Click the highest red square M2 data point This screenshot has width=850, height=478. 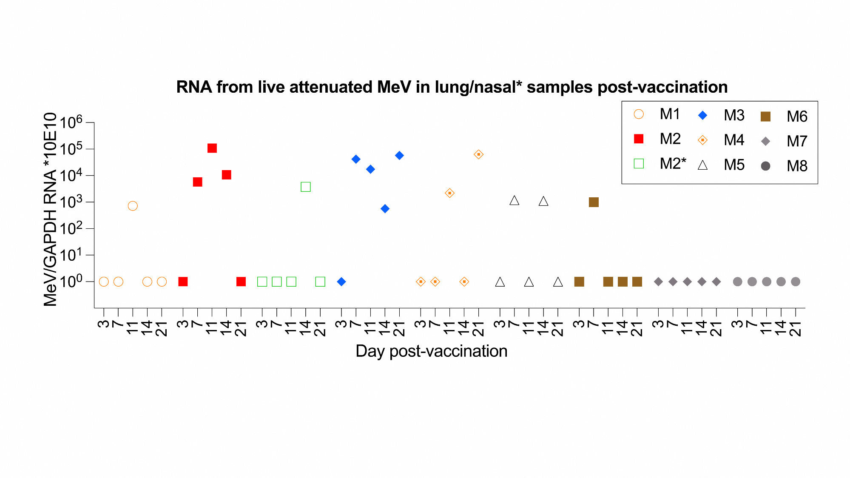click(x=212, y=148)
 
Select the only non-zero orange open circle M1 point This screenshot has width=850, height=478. click(x=133, y=206)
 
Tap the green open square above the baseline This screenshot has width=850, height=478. click(x=305, y=187)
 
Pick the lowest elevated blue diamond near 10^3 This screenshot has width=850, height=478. click(x=385, y=208)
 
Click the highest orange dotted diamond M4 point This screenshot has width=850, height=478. click(x=478, y=154)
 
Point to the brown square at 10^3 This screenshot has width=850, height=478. click(x=594, y=202)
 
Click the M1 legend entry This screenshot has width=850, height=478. click(x=670, y=114)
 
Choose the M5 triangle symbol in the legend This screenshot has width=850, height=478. click(x=703, y=165)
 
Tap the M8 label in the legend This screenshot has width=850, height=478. click(x=797, y=166)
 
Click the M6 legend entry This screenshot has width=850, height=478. click(x=797, y=117)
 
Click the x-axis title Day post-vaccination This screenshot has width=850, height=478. click(x=431, y=351)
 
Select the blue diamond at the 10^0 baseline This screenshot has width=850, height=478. click(x=341, y=282)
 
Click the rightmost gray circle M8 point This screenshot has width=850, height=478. click(x=796, y=282)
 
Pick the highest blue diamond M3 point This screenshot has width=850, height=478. click(x=399, y=155)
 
